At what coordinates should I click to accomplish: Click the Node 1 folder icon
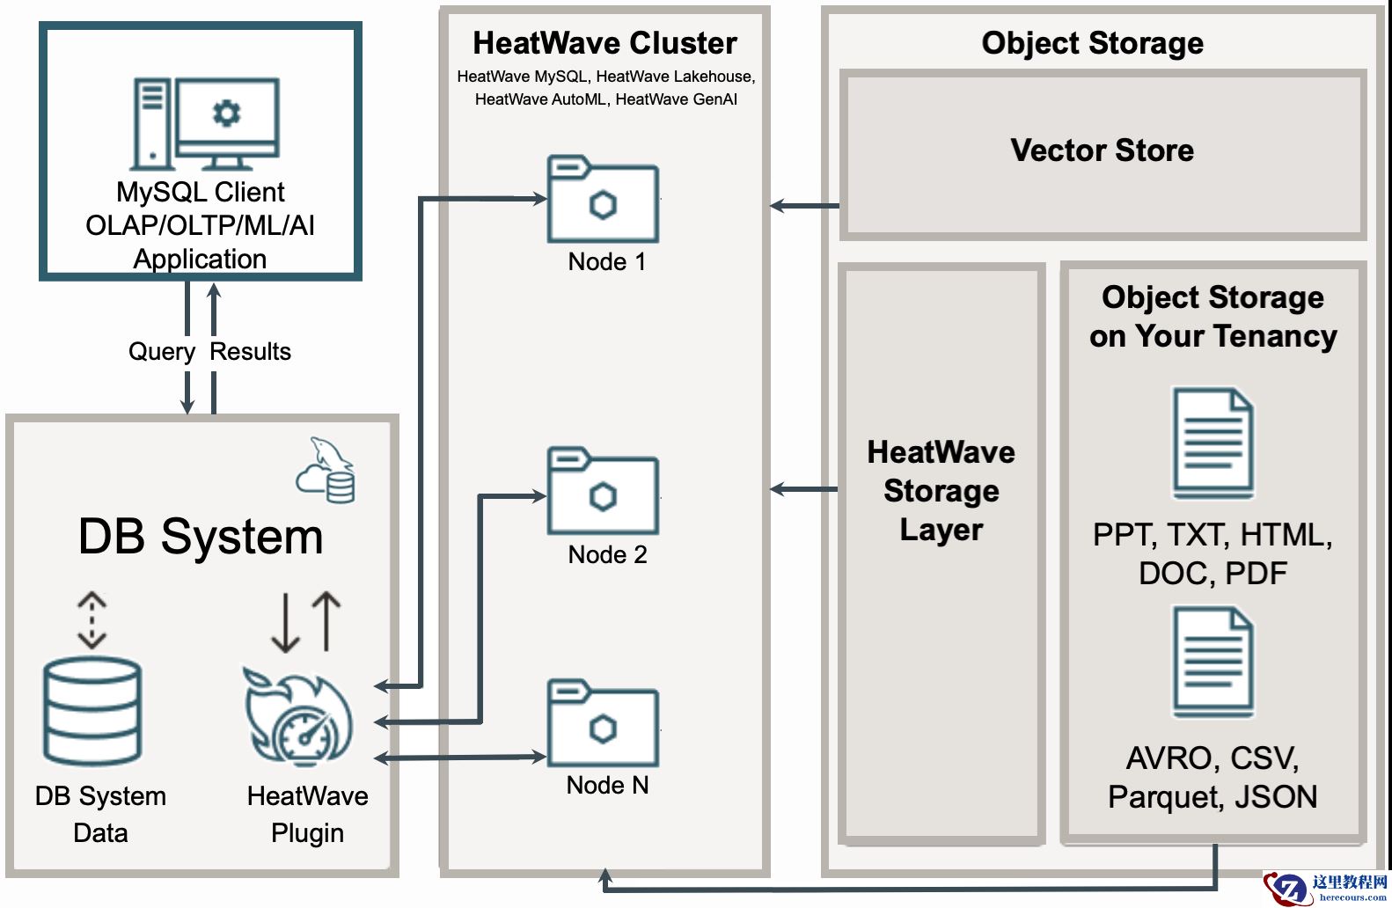603,201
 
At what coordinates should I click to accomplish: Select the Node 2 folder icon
603,492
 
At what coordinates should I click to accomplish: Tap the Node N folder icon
603,723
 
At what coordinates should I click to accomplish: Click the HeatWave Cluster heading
604,43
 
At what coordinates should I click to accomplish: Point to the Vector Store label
1102,150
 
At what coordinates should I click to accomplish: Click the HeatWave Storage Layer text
941,490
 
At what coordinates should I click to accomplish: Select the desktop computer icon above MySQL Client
206,124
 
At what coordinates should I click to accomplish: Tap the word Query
162,352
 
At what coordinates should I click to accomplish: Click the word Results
250,352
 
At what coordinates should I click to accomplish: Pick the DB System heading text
201,537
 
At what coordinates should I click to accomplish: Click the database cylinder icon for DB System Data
92,711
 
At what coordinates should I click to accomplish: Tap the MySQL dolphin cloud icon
326,470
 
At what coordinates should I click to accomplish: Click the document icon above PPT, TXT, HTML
1213,443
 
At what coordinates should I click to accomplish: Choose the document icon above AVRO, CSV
1213,662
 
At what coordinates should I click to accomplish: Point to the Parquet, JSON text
1213,797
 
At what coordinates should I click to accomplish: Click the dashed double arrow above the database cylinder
92,620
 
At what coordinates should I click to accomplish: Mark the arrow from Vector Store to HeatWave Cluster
804,206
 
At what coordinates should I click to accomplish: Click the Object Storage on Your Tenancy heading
1213,317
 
